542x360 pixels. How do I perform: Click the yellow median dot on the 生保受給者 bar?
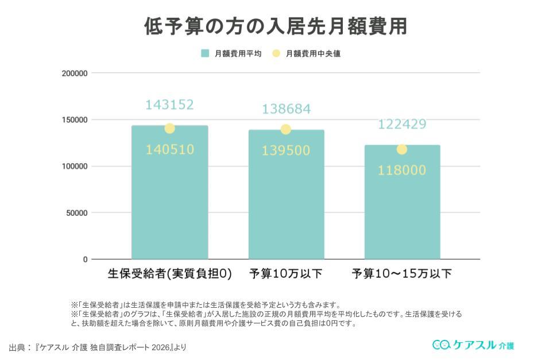[169, 129]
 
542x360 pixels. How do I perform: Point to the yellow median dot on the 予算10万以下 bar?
[286, 129]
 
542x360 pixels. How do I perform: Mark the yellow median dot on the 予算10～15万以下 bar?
[402, 149]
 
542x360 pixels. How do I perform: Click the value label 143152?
[169, 105]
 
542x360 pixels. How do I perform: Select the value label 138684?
[286, 109]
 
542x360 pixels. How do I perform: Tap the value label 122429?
[402, 125]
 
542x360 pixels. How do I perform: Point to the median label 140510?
[169, 150]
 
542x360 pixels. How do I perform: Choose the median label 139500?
[286, 150]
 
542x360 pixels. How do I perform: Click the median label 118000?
[402, 170]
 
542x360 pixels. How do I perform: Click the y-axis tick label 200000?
[75, 73]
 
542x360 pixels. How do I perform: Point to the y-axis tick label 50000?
[77, 213]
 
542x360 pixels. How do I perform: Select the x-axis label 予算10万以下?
[286, 274]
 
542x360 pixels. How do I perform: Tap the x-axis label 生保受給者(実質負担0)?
[169, 274]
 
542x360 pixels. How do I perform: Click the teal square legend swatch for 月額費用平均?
[205, 53]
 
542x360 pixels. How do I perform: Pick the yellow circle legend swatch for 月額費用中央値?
[276, 53]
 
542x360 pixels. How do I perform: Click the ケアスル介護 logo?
[473, 344]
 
